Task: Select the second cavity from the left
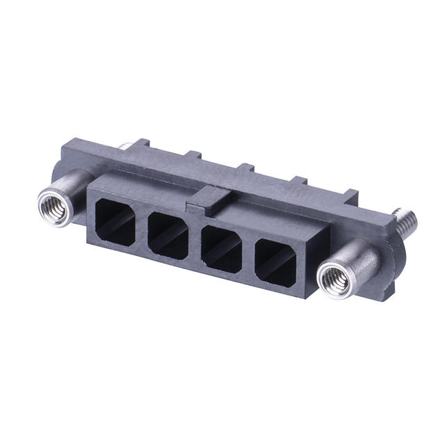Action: (x=168, y=235)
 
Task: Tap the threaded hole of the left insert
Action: (x=53, y=205)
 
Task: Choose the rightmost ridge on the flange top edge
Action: (x=350, y=195)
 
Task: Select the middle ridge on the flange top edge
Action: (x=245, y=169)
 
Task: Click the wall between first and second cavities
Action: (x=142, y=228)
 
